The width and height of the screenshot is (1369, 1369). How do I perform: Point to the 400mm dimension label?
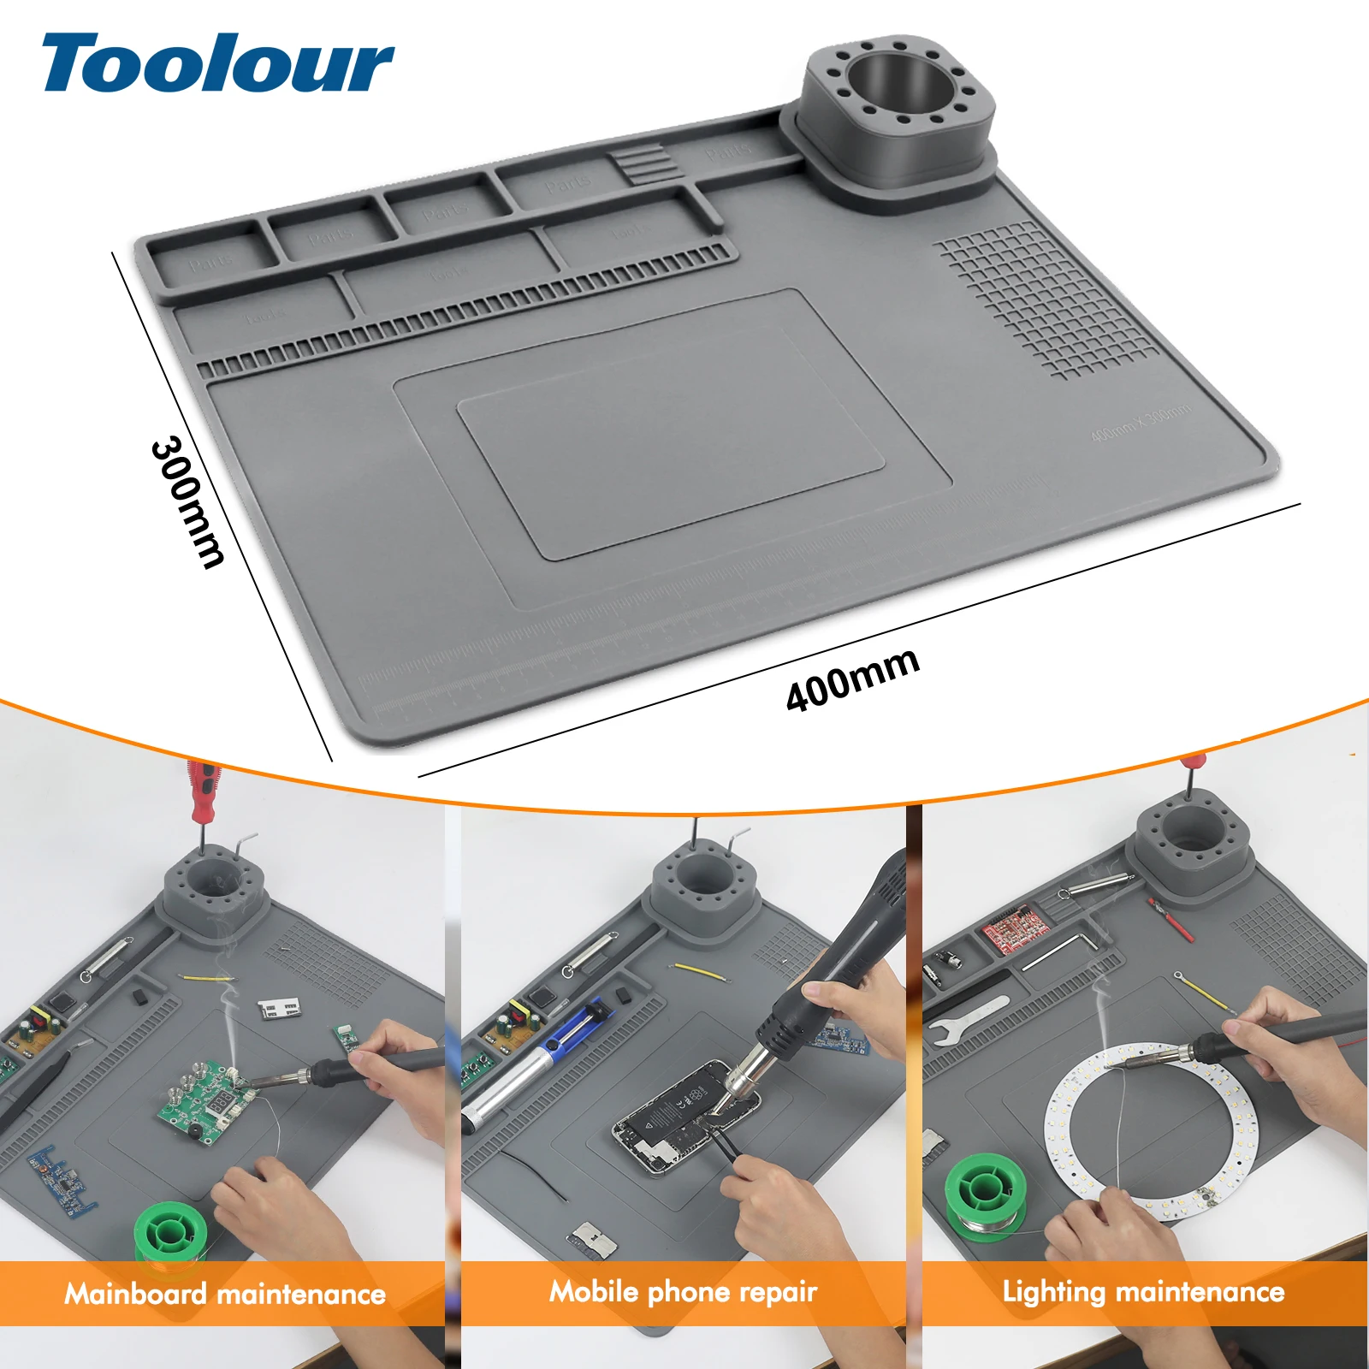coord(852,680)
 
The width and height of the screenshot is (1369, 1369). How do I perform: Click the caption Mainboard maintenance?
coord(225,1294)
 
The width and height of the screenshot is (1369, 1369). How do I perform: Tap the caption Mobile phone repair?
coord(683,1292)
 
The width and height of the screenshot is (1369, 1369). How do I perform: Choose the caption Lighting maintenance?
coord(1143,1291)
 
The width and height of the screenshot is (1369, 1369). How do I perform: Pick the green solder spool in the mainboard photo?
coord(170,1233)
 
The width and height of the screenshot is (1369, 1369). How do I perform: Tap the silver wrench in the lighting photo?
coord(967,1018)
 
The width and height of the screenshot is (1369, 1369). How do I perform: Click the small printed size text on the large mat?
coord(1141,424)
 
